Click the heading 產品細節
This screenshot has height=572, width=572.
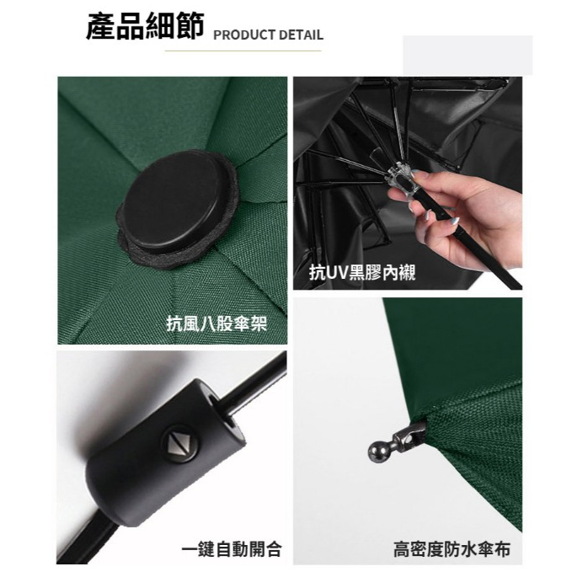click(x=144, y=26)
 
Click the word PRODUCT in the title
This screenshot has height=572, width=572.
click(x=243, y=35)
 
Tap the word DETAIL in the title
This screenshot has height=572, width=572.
click(x=301, y=35)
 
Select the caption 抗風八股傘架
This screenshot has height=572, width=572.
click(x=217, y=323)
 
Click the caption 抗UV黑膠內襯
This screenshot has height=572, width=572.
click(x=362, y=272)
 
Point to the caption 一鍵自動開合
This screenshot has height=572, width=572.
click(x=232, y=549)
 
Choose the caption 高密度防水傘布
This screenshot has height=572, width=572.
click(x=452, y=549)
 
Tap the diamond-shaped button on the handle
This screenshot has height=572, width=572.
click(x=180, y=443)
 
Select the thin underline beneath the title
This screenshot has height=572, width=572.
click(x=243, y=51)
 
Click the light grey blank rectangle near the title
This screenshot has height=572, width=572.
click(x=468, y=56)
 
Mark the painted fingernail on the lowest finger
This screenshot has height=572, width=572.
click(x=455, y=222)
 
